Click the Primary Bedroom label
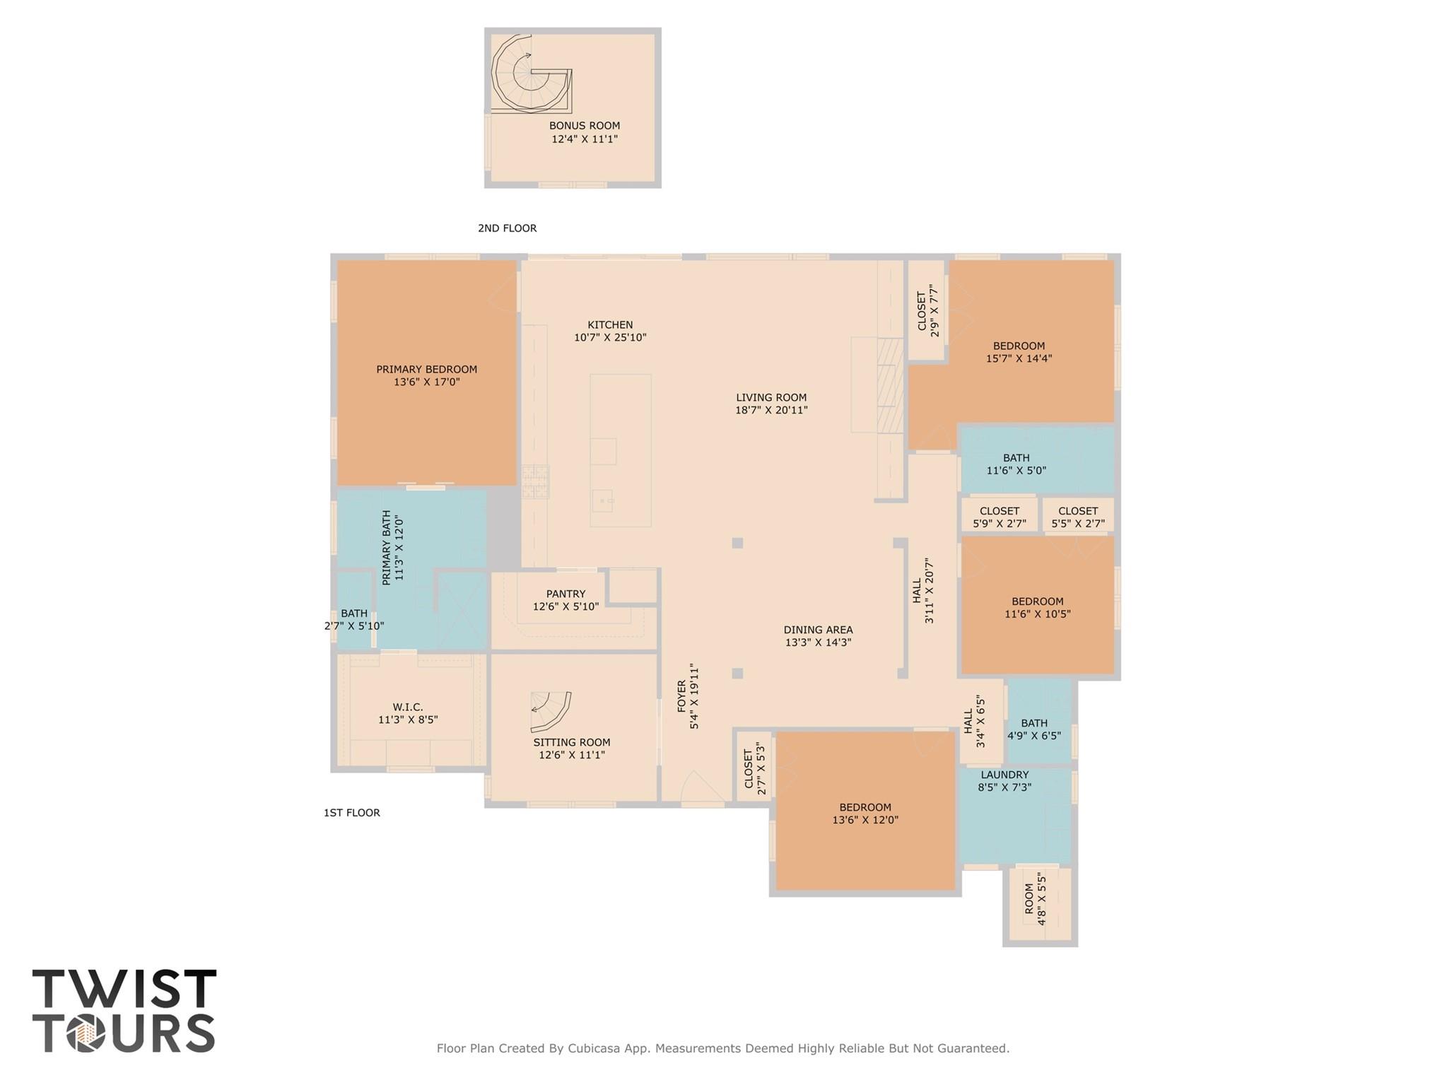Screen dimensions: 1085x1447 [426, 369]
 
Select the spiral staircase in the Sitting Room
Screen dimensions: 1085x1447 [551, 711]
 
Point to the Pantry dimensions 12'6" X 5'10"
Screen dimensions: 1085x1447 [566, 606]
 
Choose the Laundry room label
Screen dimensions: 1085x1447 [1004, 775]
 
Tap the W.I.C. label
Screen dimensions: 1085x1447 [408, 707]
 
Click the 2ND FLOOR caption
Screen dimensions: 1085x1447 [507, 228]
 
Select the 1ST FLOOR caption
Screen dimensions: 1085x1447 [351, 813]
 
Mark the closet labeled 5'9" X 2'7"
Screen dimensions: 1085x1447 [999, 517]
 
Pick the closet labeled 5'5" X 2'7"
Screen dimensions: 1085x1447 [1077, 517]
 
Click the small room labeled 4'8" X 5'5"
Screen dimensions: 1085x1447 [1036, 904]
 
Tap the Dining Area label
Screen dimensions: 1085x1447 [818, 630]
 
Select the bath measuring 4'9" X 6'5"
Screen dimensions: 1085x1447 [1033, 729]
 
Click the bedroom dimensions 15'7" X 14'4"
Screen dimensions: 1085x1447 [1019, 358]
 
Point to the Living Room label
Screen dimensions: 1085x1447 [771, 397]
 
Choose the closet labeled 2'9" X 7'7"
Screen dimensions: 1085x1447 [927, 311]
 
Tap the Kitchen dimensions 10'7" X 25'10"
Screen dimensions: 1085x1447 [610, 338]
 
